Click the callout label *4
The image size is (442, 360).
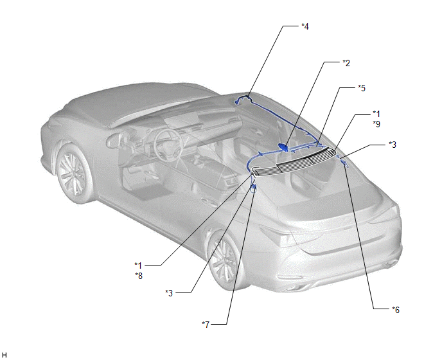[305, 26]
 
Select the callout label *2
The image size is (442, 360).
[346, 63]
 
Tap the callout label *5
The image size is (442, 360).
[362, 88]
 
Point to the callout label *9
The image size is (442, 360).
[376, 124]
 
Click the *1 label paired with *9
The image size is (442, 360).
[376, 114]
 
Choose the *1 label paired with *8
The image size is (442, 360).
[138, 265]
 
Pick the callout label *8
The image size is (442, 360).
[139, 276]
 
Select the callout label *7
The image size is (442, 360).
[206, 325]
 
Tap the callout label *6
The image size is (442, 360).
[396, 310]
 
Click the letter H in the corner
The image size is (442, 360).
[4, 355]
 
